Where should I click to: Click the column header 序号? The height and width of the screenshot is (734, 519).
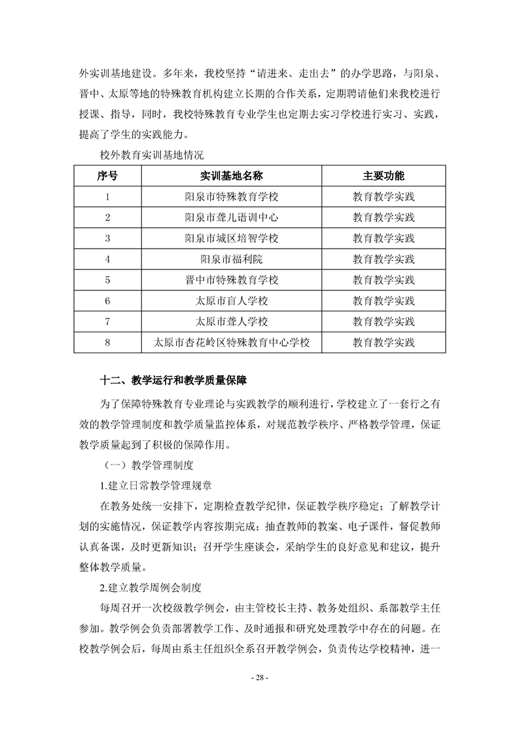(x=107, y=176)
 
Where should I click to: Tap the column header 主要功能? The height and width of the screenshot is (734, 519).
(x=384, y=176)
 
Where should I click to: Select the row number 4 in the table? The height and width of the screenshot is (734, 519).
(x=107, y=259)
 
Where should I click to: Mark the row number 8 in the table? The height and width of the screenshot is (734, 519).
(x=107, y=342)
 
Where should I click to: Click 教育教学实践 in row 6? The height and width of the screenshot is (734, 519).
(x=384, y=301)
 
